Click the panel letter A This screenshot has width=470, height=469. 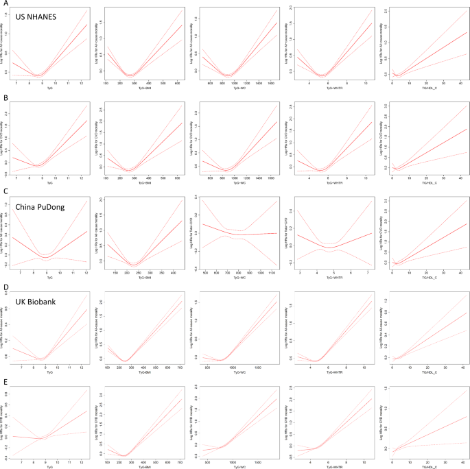pyautogui.click(x=4, y=4)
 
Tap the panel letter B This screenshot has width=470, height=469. pyautogui.click(x=4, y=99)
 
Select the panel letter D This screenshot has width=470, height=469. pyautogui.click(x=4, y=288)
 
